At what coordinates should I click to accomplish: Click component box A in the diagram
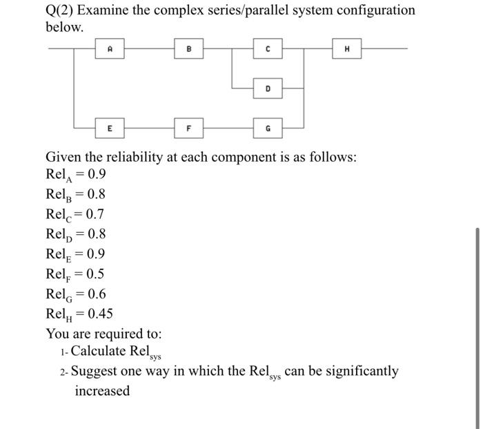(110, 49)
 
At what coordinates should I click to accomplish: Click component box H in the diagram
(346, 49)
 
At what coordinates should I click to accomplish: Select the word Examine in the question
(110, 10)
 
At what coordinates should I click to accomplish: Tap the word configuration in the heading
(375, 10)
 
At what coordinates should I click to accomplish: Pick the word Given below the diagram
(65, 157)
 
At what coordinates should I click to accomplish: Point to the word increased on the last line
(102, 391)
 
